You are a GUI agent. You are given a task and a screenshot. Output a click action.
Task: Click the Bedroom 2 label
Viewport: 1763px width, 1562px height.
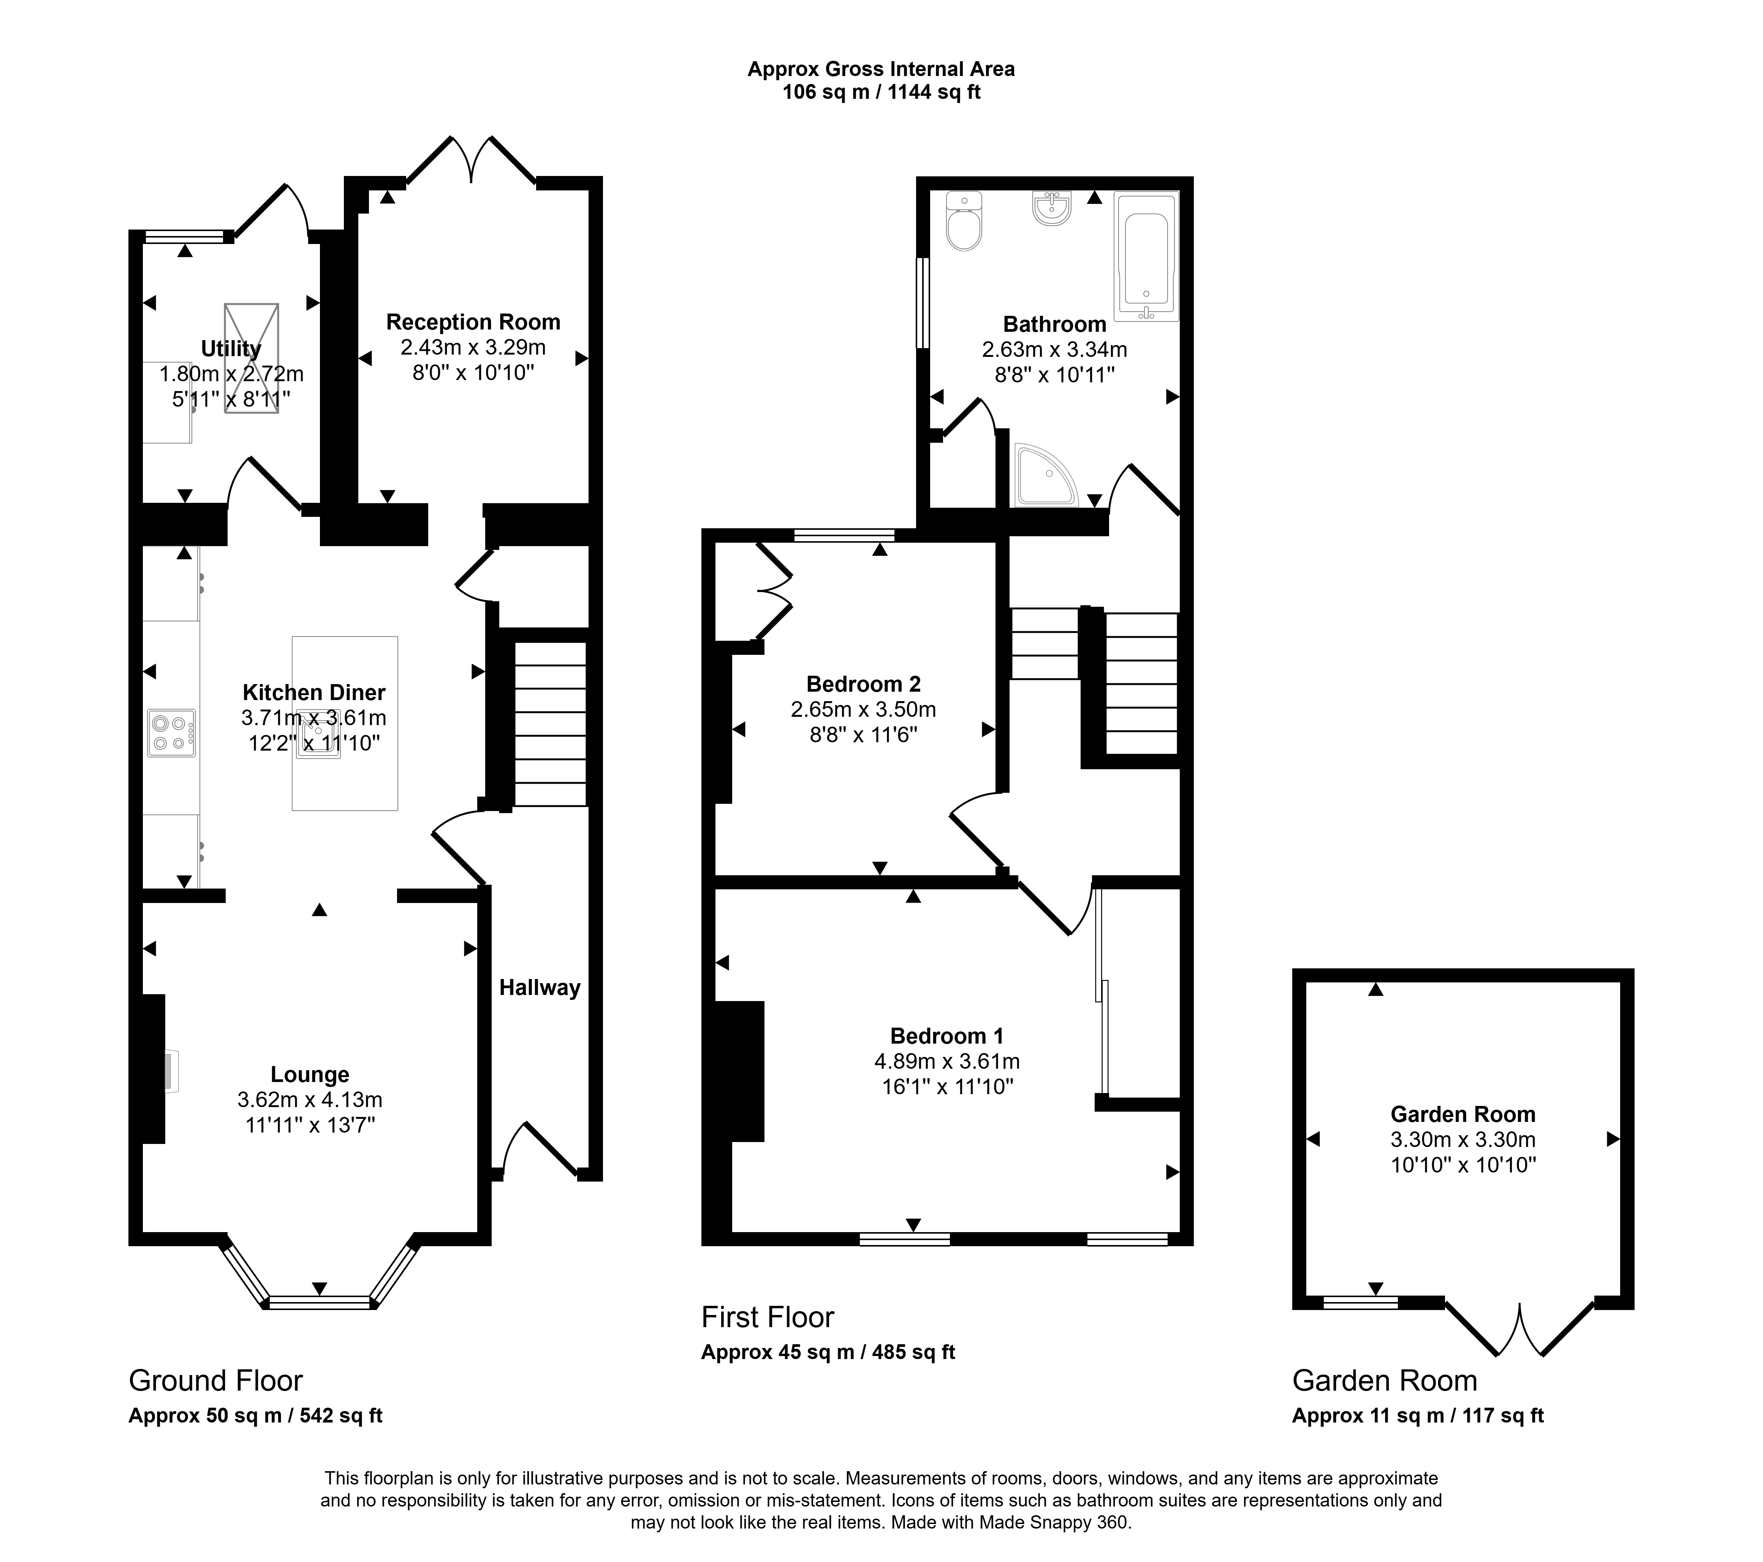coord(863,684)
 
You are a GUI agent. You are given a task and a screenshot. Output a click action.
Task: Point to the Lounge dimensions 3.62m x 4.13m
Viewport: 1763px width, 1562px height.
coord(310,1100)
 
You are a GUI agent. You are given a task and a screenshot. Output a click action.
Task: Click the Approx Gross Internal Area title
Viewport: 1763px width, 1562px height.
coord(881,69)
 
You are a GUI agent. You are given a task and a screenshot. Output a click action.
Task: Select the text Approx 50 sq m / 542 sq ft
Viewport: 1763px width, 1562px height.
coord(255,1415)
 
